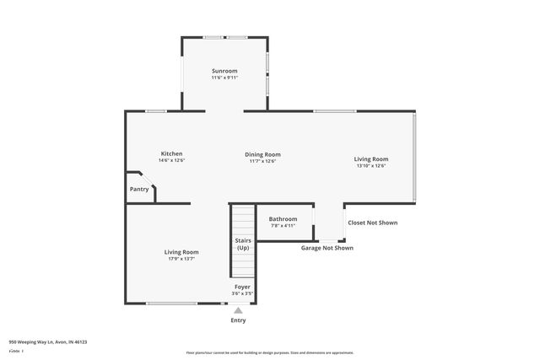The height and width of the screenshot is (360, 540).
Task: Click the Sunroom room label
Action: click(224, 71)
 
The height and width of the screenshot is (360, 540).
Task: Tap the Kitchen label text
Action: click(172, 153)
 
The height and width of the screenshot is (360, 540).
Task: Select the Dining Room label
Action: click(263, 154)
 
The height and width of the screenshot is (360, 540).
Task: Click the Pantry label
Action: click(139, 189)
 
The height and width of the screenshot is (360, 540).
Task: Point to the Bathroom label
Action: click(283, 219)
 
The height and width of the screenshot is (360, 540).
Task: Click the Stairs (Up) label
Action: click(243, 244)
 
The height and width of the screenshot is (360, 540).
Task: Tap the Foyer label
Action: click(242, 287)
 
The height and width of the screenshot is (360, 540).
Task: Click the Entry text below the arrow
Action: click(238, 320)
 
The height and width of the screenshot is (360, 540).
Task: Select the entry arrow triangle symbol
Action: click(238, 310)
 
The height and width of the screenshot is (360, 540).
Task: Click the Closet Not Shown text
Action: click(372, 223)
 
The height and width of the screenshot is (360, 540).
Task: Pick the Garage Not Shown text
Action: click(327, 248)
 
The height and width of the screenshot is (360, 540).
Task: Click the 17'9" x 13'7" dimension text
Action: click(181, 259)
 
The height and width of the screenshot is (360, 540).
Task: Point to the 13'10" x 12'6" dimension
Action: click(371, 166)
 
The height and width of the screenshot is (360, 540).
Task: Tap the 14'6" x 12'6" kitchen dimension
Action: click(171, 160)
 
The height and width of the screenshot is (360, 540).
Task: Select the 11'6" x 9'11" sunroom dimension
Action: click(224, 78)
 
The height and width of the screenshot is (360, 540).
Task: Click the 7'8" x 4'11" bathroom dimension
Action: click(283, 226)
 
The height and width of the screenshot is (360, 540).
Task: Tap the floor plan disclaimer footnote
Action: click(270, 352)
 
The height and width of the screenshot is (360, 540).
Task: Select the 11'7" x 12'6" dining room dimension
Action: click(263, 161)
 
